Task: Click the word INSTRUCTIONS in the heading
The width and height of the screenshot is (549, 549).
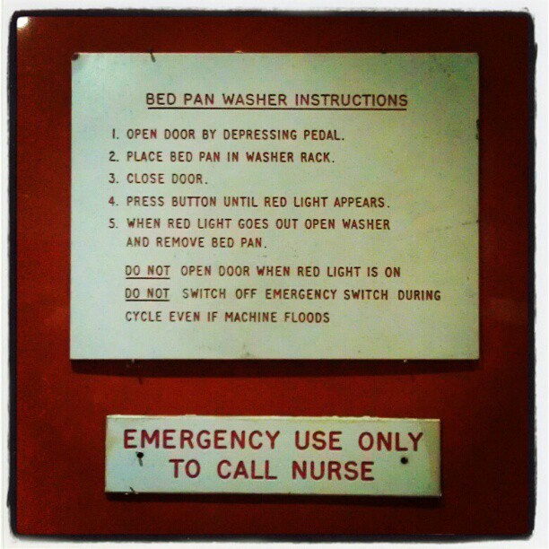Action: click(351, 100)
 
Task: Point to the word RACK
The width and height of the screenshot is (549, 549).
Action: click(318, 157)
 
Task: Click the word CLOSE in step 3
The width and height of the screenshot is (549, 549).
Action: click(145, 179)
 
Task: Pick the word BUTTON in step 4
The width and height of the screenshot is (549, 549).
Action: click(194, 202)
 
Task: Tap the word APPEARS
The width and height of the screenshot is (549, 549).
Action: click(362, 203)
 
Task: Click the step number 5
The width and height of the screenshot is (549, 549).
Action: click(113, 223)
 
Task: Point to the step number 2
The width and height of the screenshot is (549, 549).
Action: click(113, 156)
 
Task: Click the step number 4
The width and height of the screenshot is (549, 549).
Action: click(113, 201)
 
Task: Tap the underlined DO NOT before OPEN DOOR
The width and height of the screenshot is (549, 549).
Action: click(148, 271)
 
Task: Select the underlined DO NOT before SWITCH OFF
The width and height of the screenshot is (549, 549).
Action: click(147, 293)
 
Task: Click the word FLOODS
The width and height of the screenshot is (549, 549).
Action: click(307, 318)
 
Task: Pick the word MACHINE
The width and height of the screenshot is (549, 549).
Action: click(250, 318)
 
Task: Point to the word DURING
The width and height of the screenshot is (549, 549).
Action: click(419, 295)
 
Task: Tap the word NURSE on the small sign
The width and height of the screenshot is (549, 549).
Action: click(333, 470)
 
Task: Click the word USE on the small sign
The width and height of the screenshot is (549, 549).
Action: click(318, 440)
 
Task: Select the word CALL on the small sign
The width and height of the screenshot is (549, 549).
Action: click(247, 469)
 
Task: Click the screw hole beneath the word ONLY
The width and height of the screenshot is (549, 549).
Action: click(405, 460)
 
